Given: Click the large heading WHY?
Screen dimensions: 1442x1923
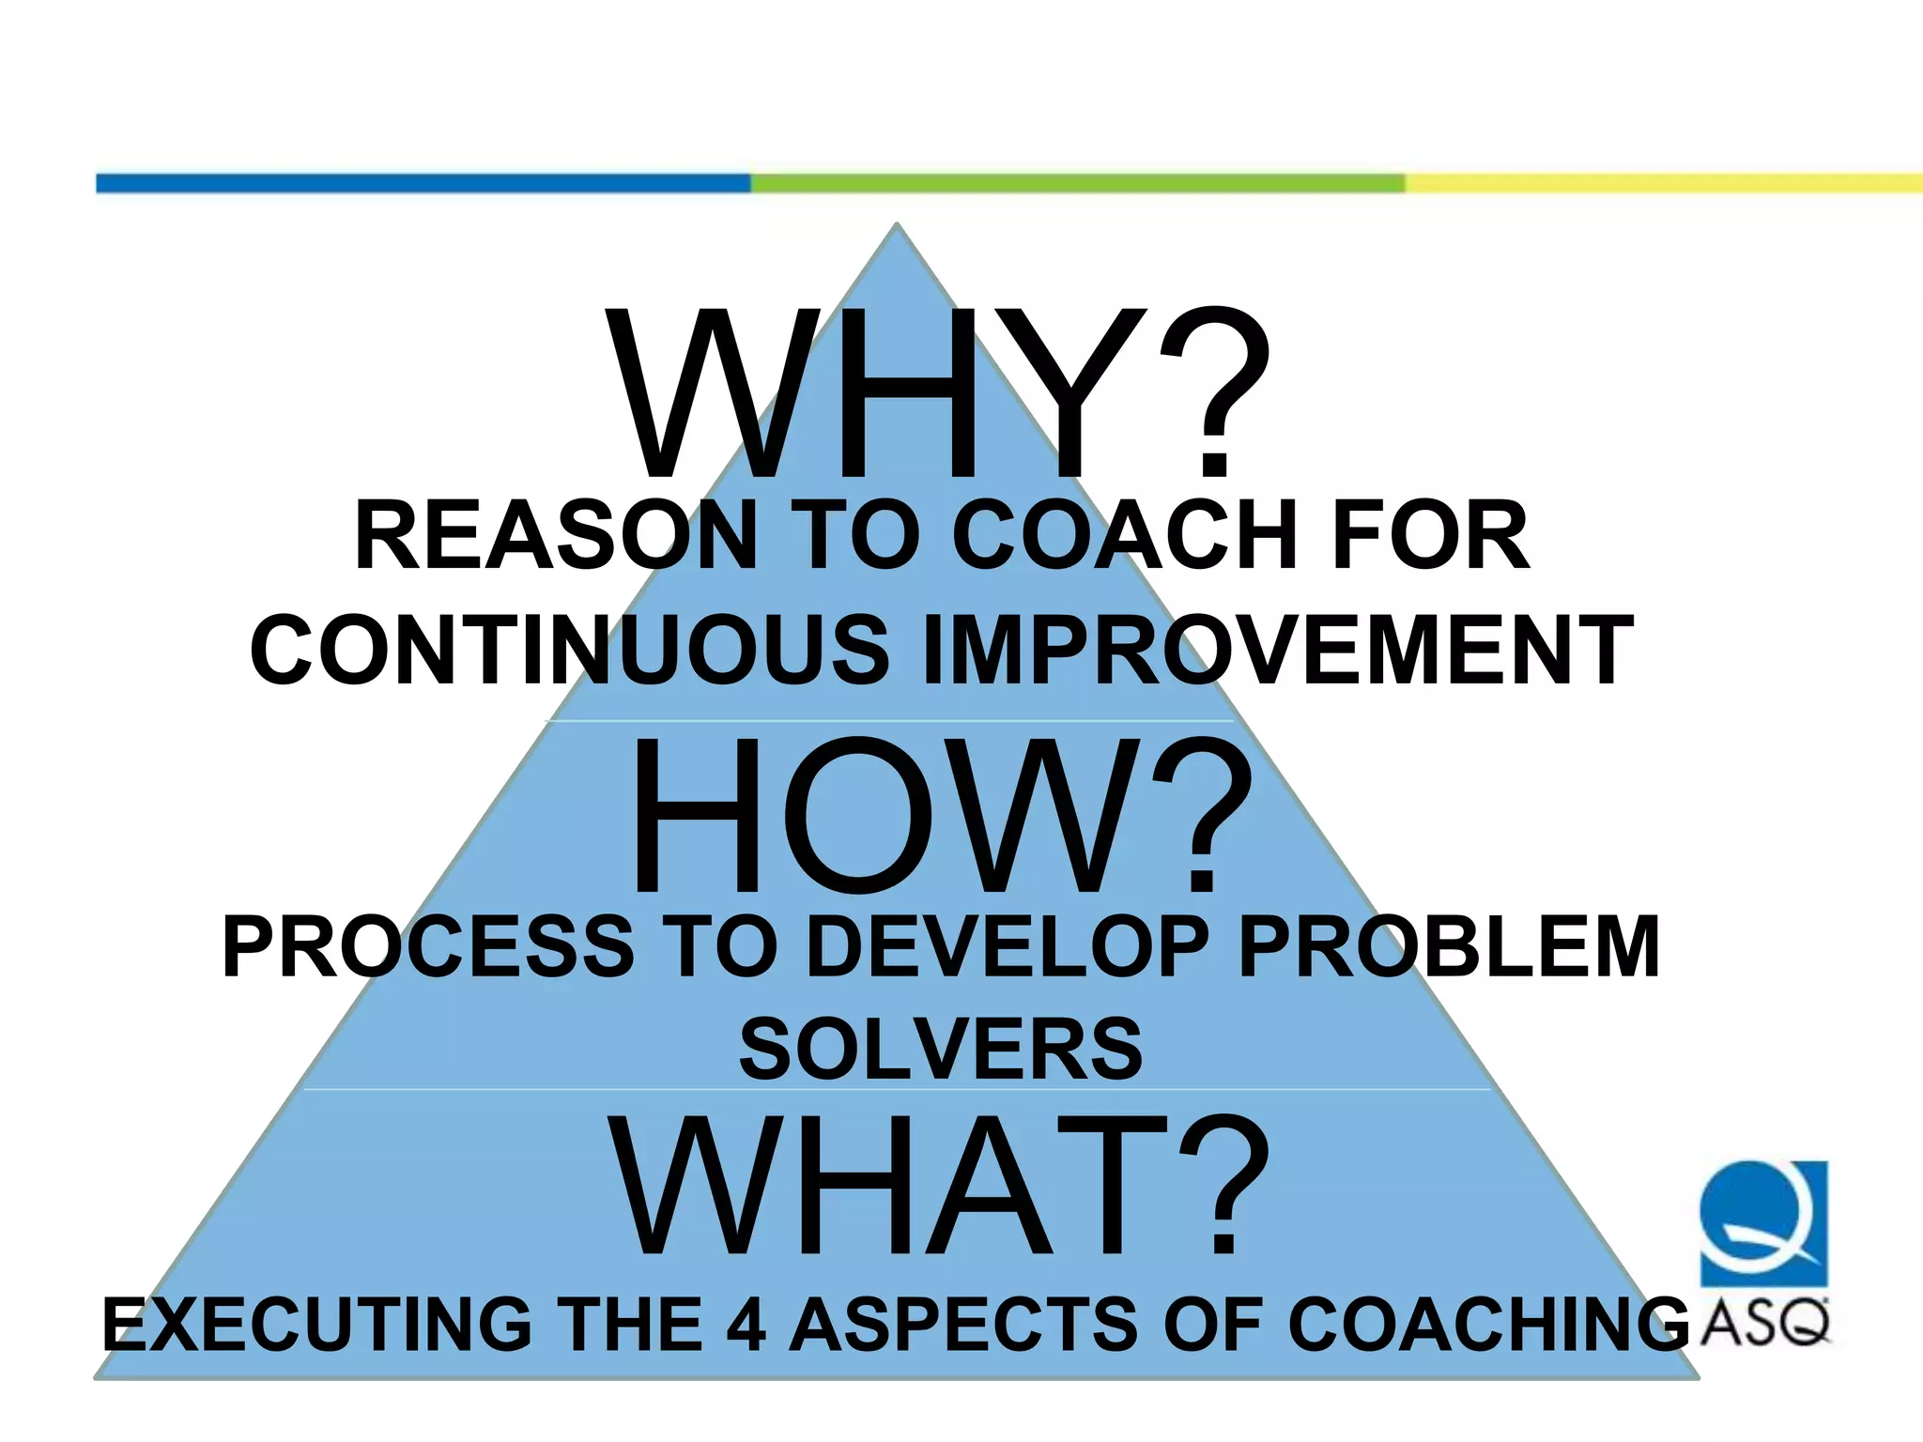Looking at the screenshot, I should (939, 394).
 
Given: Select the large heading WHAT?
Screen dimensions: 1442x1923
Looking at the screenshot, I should (939, 1185).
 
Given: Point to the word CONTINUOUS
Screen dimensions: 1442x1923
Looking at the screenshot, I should (569, 650).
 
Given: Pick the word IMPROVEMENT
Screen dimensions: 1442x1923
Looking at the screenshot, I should (1277, 650).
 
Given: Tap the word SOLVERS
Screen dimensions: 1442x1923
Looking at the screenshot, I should (941, 1050).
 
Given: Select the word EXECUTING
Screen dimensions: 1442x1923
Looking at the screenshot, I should (317, 1324).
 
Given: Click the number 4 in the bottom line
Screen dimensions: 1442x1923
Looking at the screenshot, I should (746, 1324).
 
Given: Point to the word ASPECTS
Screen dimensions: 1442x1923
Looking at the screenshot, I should (962, 1324).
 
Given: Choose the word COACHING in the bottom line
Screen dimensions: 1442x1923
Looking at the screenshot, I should (1488, 1324).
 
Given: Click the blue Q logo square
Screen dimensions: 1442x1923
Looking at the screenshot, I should (1764, 1222).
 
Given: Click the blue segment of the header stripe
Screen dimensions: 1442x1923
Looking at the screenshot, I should (423, 183).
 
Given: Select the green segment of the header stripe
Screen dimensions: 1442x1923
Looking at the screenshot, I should (1077, 183).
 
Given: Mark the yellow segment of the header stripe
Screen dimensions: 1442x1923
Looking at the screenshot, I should (1662, 183).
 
